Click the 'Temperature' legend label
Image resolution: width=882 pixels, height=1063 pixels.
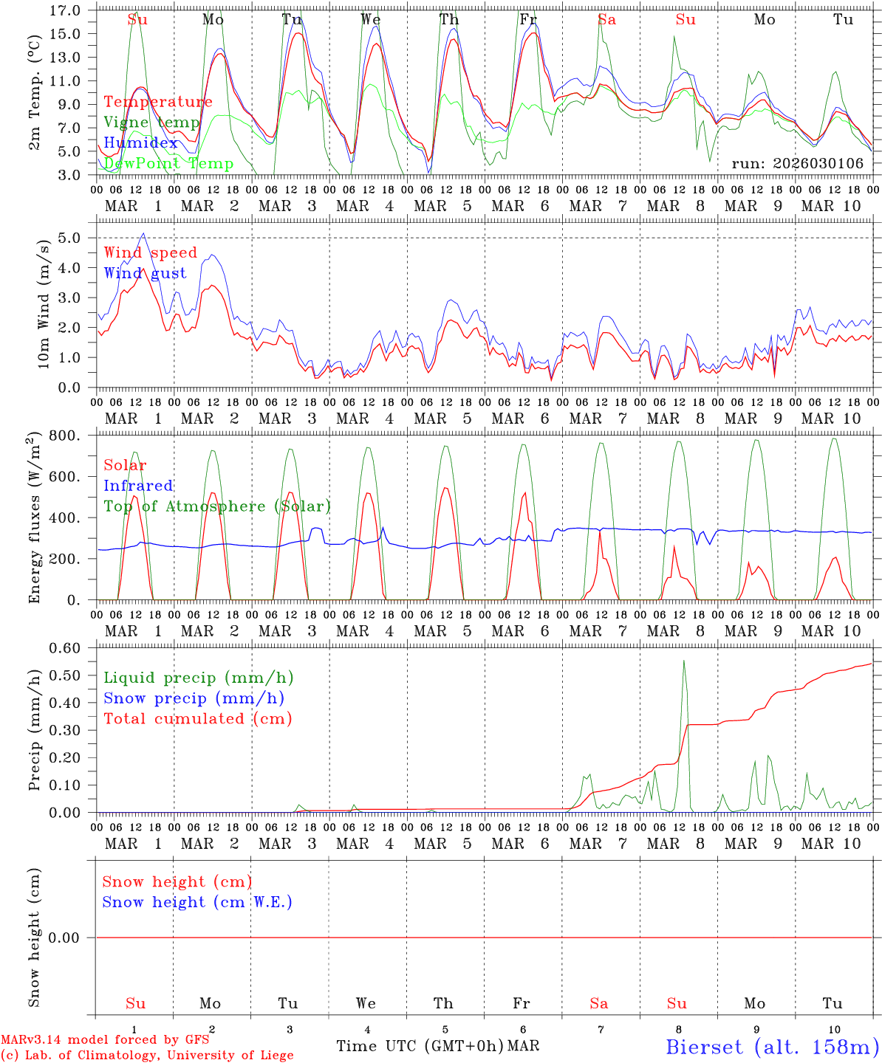click(x=158, y=102)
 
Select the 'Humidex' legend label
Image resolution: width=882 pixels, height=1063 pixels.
click(x=140, y=143)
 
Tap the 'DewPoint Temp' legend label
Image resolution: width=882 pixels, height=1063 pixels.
click(x=168, y=164)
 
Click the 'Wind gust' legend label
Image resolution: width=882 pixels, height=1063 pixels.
click(x=145, y=273)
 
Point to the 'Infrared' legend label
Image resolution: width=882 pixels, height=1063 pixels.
click(x=138, y=486)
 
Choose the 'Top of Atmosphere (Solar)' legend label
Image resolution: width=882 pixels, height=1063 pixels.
click(x=217, y=506)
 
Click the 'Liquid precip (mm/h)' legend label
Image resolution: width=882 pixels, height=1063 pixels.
click(x=199, y=678)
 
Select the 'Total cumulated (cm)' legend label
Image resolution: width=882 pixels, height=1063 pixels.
click(x=198, y=719)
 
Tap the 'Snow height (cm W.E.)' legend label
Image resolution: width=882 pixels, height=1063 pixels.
click(x=197, y=902)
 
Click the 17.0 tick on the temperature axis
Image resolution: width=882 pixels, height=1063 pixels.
click(x=66, y=10)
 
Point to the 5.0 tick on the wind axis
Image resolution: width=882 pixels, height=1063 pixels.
click(x=69, y=238)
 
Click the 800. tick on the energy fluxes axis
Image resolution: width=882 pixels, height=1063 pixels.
click(x=64, y=436)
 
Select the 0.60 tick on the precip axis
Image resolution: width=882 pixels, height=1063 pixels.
click(x=66, y=648)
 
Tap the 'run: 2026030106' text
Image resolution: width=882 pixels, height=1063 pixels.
click(x=797, y=164)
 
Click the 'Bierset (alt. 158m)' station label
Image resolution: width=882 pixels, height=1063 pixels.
click(x=773, y=1047)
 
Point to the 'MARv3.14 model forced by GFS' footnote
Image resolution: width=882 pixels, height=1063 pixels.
click(x=105, y=1040)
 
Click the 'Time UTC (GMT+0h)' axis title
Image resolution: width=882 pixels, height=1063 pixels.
click(x=420, y=1046)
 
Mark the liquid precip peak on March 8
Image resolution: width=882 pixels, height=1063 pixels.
click(x=684, y=661)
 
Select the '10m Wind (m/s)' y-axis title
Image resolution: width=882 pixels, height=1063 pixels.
click(x=43, y=303)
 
